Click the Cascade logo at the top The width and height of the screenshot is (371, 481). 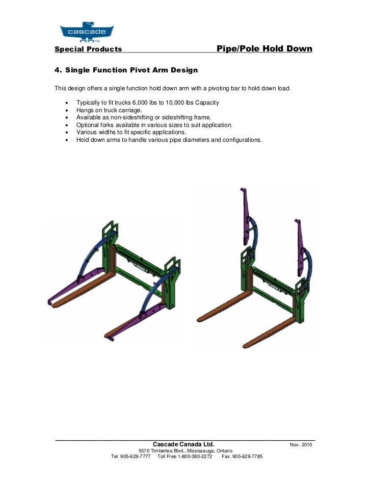click(87, 31)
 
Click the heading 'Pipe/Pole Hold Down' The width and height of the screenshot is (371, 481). click(264, 49)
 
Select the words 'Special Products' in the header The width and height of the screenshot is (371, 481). click(88, 49)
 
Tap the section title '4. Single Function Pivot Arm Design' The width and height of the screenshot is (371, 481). click(126, 69)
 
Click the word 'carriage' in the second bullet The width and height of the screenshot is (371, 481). click(130, 110)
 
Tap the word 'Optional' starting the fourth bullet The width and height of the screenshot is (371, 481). click(88, 124)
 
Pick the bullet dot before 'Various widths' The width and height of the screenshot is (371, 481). click(67, 132)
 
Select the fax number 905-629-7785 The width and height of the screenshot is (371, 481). click(247, 457)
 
